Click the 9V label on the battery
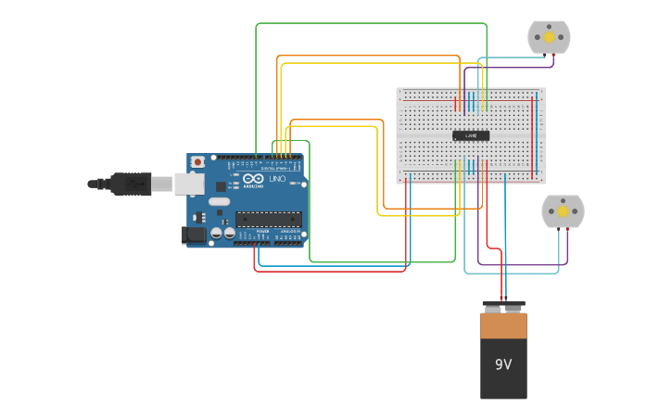click(503, 364)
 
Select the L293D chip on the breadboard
click(471, 135)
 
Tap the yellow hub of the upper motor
click(549, 37)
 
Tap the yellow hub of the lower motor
click(563, 211)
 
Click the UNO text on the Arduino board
click(277, 178)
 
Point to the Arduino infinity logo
click(253, 178)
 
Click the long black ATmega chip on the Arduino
click(268, 219)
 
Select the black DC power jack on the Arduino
click(195, 235)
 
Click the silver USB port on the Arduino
click(189, 184)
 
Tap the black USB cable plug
click(131, 184)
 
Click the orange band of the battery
click(503, 325)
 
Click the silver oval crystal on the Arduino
click(219, 201)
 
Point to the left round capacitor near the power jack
click(216, 234)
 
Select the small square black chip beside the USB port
click(221, 186)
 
